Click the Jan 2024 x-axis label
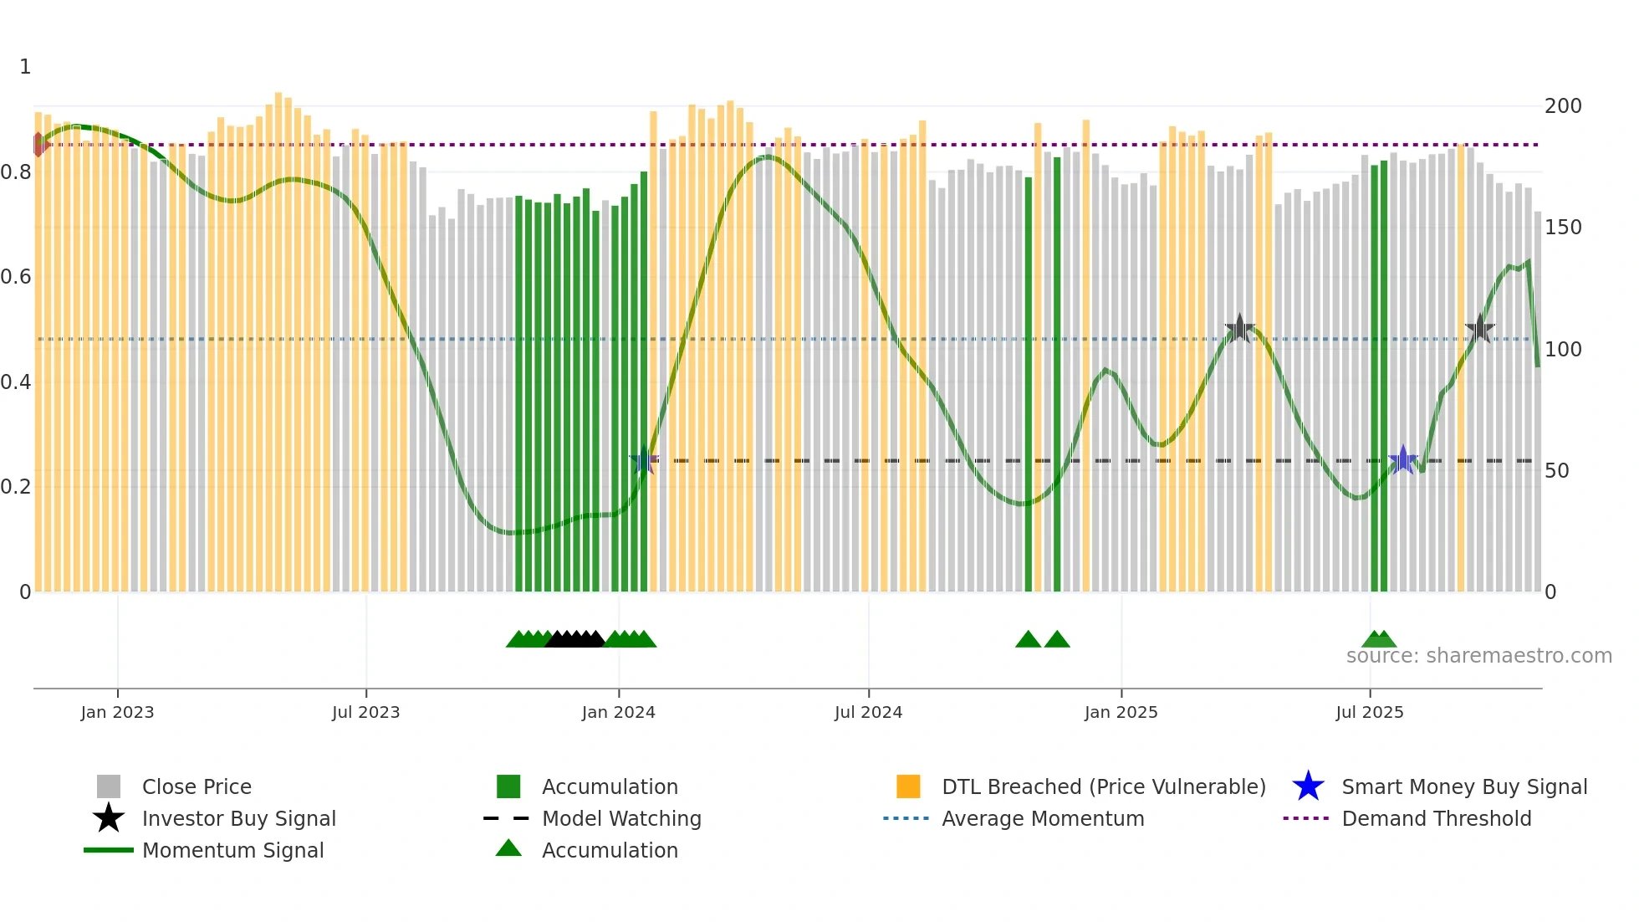618,712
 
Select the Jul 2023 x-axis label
365,712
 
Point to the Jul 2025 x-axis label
1369,712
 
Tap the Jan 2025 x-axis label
1121,712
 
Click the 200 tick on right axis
1562,106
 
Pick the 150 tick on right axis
1562,228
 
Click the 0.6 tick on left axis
15,277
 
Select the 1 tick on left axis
25,67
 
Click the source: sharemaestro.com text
1478,656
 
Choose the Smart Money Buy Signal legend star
1308,786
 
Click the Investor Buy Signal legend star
109,818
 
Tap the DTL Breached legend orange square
908,786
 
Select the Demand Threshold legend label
1436,818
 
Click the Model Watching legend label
621,818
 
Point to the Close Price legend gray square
109,786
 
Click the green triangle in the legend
508,849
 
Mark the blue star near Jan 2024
643,460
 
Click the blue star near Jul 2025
1402,459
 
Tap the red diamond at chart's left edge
39,145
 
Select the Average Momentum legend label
1042,818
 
